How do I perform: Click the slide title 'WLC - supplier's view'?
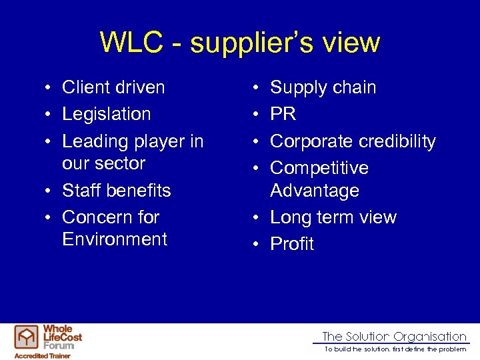click(240, 43)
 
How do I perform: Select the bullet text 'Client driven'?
click(113, 87)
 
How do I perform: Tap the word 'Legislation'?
click(107, 114)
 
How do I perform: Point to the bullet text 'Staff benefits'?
click(117, 190)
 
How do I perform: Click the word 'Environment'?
click(115, 239)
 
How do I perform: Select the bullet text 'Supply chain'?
click(323, 87)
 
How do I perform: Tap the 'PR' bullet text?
click(283, 114)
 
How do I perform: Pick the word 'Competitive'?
click(319, 168)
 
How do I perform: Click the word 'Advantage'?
click(315, 191)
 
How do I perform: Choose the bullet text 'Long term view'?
click(333, 217)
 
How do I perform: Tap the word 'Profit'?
click(292, 244)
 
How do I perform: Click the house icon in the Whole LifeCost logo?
click(27, 337)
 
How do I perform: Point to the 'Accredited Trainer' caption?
click(42, 355)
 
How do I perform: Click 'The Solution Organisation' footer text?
click(394, 337)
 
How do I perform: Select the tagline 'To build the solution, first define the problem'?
click(395, 349)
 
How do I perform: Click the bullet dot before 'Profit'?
click(256, 245)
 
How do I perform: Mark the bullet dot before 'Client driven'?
click(48, 88)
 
